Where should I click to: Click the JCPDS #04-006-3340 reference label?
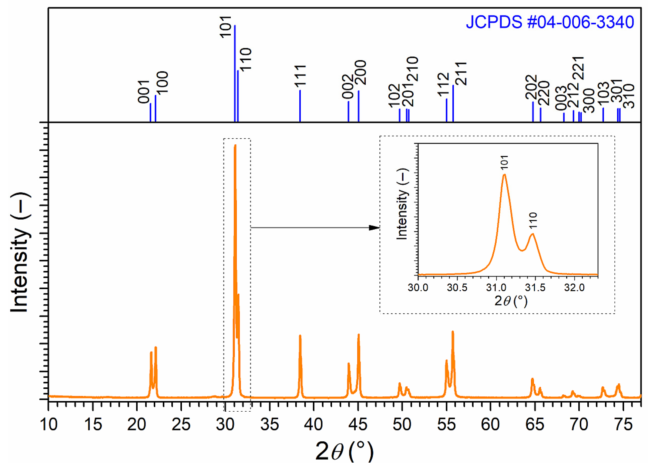pyautogui.click(x=549, y=22)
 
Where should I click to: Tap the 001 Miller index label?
pyautogui.click(x=144, y=92)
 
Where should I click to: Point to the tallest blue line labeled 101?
pyautogui.click(x=235, y=73)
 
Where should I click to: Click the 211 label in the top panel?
pyautogui.click(x=461, y=73)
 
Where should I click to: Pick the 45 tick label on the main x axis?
pyautogui.click(x=358, y=424)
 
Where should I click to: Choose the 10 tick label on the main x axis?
pyautogui.click(x=49, y=424)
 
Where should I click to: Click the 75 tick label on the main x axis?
pyautogui.click(x=623, y=424)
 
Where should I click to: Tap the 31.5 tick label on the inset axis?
pyautogui.click(x=535, y=287)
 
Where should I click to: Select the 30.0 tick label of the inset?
pyautogui.click(x=418, y=287)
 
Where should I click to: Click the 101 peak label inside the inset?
pyautogui.click(x=504, y=162)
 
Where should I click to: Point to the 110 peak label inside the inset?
pyautogui.click(x=533, y=221)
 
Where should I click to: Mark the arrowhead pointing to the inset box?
pyautogui.click(x=375, y=228)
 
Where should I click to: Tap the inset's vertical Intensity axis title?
pyautogui.click(x=402, y=204)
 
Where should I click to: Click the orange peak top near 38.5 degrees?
pyautogui.click(x=300, y=336)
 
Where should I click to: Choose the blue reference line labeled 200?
pyautogui.click(x=358, y=106)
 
